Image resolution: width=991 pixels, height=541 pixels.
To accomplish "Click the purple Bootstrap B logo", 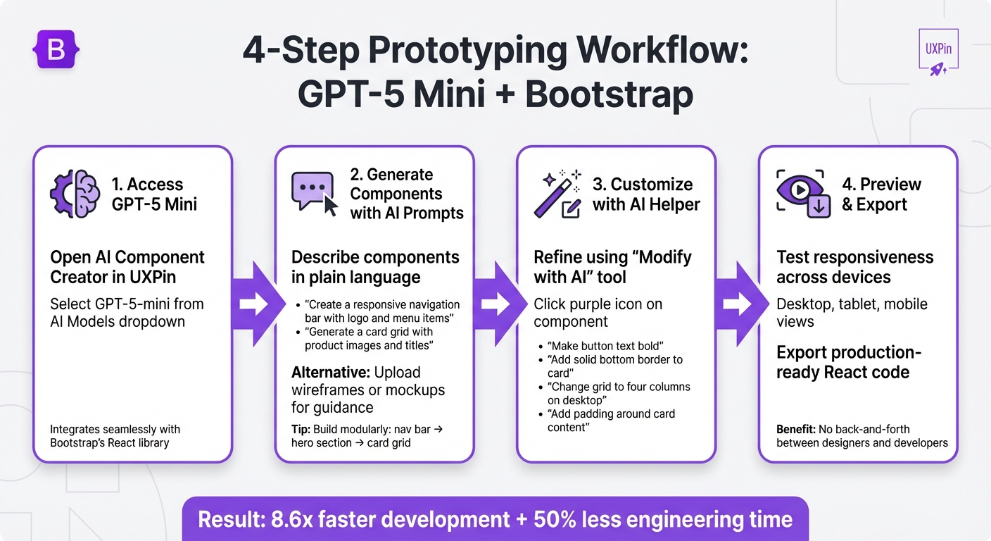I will pos(56,49).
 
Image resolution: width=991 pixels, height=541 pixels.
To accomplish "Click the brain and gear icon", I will pos(75,194).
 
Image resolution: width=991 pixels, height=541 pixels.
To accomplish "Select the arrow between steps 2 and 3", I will pos(495,304).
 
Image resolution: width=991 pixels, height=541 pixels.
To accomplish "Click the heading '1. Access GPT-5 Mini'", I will pos(154,194).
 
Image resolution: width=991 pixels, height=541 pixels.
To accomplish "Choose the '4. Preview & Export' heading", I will pos(881,194).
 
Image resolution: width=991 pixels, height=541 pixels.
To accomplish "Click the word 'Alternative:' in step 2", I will pos(331,372).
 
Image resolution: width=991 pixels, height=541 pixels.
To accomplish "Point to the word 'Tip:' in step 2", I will pos(301,429).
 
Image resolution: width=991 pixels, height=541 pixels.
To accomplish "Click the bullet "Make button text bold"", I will pos(605,346).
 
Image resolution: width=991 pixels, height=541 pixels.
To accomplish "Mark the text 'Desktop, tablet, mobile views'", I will pos(852,313).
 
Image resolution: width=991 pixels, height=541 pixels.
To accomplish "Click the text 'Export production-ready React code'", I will pos(849,362).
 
